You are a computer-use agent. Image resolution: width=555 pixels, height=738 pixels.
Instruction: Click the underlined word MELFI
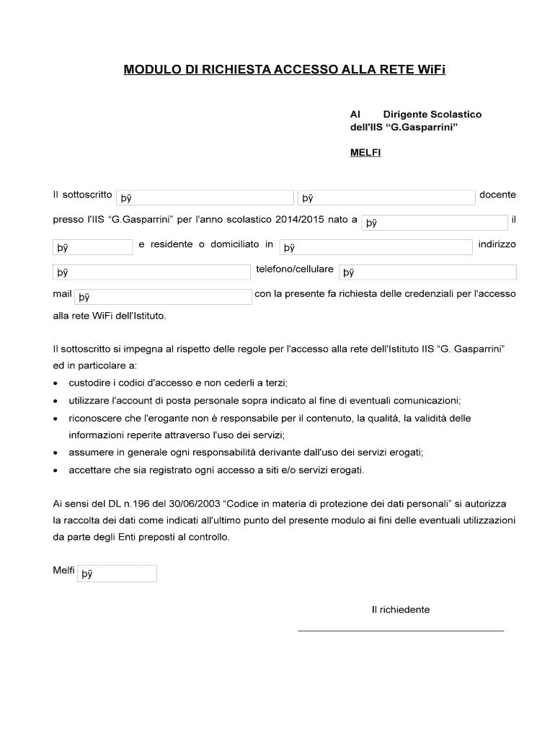tap(365, 152)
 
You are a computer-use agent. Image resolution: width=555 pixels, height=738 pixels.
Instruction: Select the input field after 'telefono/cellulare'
tap(427, 272)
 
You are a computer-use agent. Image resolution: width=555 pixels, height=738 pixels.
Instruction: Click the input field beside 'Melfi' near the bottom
tap(117, 574)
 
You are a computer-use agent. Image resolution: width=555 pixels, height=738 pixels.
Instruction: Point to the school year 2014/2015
tap(301, 219)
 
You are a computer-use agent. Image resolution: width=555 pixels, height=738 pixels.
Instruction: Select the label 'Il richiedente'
tap(401, 610)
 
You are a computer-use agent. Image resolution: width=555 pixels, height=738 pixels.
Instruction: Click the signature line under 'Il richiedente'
tap(401, 631)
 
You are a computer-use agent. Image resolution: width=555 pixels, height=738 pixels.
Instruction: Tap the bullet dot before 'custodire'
tap(56, 383)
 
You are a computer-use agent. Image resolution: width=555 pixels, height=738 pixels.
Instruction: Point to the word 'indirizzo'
tap(497, 244)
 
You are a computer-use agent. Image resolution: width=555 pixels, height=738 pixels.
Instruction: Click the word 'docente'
tap(497, 195)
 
